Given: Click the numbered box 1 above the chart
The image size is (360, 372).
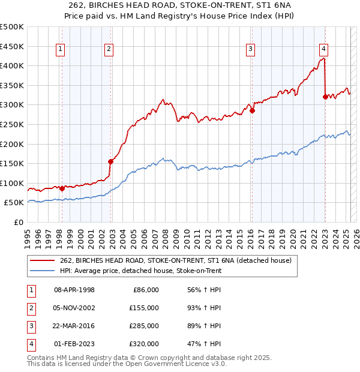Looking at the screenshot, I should tap(61, 50).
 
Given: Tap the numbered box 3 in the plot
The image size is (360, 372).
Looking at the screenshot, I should tap(250, 50).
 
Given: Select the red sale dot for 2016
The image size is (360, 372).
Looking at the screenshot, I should tap(253, 110).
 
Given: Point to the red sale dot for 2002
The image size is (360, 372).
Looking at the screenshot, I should tap(111, 161).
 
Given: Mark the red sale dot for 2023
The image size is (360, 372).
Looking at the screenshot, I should tap(325, 96).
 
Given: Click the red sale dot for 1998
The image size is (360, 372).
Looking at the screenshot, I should tap(62, 188).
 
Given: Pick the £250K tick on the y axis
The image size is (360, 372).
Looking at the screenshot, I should tap(12, 124).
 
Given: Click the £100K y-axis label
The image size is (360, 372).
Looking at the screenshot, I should tap(12, 183).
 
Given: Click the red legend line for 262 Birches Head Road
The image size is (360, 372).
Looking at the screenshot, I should tap(41, 260).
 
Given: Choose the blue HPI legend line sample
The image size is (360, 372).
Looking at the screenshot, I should tap(41, 271).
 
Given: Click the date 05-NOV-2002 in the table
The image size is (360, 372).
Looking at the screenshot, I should tap(74, 308).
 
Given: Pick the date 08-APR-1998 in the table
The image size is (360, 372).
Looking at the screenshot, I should tap(74, 290).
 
